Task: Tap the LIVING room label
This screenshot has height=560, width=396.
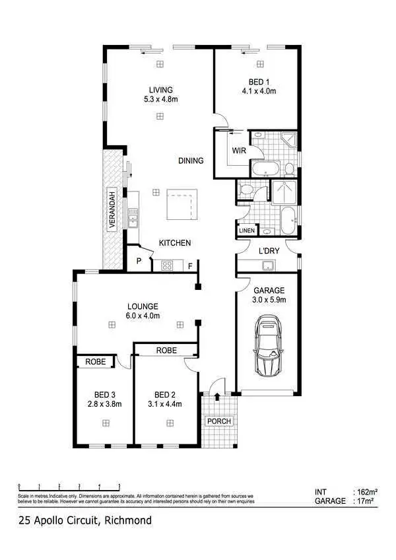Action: (x=160, y=90)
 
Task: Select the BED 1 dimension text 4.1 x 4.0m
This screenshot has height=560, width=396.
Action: (x=259, y=90)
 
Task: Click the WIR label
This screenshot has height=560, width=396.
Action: (x=239, y=151)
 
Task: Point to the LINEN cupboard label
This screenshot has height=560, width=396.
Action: (x=246, y=230)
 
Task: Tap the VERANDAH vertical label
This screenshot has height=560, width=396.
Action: (x=112, y=209)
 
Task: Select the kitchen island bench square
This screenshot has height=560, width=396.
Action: (x=183, y=205)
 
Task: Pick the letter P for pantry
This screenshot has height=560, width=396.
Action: (x=139, y=261)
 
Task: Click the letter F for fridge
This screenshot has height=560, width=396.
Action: (x=191, y=266)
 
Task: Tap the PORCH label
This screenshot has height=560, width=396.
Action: (x=218, y=421)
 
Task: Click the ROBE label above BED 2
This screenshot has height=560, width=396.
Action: (x=166, y=351)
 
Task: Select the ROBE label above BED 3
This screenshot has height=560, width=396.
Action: (x=96, y=362)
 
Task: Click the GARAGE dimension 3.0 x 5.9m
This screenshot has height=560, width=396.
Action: (x=269, y=300)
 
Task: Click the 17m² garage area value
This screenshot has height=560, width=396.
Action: (x=364, y=501)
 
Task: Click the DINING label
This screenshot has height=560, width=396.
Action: (x=191, y=160)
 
